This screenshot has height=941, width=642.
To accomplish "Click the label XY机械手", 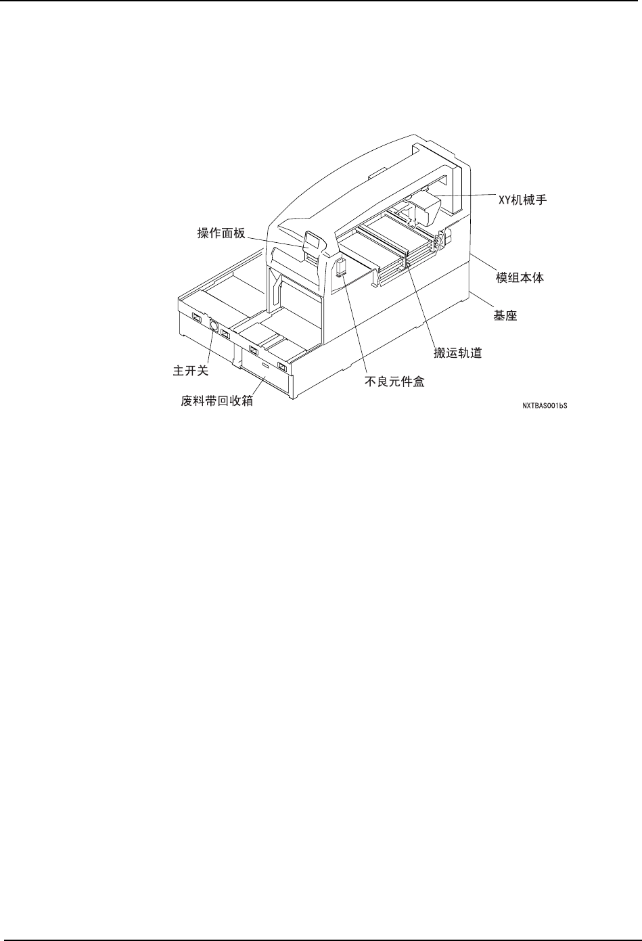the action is pyautogui.click(x=518, y=201).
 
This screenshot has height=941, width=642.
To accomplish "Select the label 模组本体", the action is pyautogui.click(x=518, y=277).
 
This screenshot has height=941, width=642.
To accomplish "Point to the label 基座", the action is pyautogui.click(x=503, y=315).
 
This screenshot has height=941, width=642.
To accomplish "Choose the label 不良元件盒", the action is pyautogui.click(x=394, y=382).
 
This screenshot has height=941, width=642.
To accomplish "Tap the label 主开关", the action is pyautogui.click(x=191, y=371).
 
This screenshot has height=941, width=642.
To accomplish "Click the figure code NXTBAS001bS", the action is pyautogui.click(x=543, y=407).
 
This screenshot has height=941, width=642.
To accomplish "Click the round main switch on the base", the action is pyautogui.click(x=213, y=326).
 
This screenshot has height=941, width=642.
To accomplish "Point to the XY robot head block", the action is pyautogui.click(x=425, y=206).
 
